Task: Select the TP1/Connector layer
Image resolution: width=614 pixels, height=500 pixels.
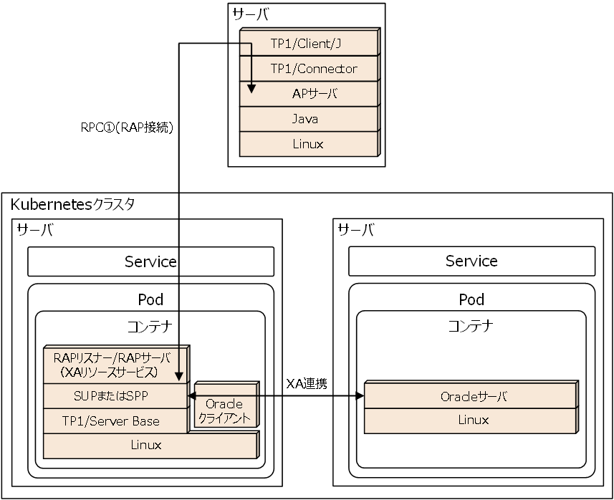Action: coord(313,69)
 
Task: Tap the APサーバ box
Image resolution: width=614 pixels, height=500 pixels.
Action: coord(315,94)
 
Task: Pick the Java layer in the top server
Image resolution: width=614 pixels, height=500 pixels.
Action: coord(307,119)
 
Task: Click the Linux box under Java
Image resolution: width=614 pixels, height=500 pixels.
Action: coord(307,144)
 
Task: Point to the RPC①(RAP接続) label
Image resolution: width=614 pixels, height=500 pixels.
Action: coord(127,128)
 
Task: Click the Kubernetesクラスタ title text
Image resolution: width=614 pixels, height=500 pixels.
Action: coord(72,204)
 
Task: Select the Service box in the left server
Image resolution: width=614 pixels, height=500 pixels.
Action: coord(150,261)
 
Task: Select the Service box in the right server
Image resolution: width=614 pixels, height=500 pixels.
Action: coord(471,261)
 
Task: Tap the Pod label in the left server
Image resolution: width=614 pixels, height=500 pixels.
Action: coord(150,299)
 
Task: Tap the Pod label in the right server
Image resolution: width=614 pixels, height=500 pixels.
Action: coord(471,299)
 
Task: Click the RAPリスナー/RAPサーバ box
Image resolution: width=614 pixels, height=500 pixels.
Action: coord(115,364)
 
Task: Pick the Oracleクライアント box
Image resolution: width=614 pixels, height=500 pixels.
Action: coord(224,411)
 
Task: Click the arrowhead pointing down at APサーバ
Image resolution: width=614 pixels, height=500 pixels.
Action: coord(251,89)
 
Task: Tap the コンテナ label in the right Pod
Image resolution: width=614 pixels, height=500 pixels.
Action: coord(471,326)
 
